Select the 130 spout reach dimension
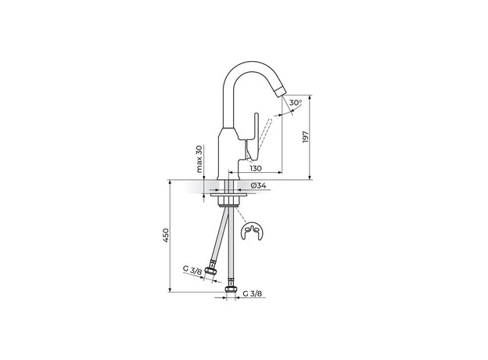pos(256,169)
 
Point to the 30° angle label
pos(295,103)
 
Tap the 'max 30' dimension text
pos(199,160)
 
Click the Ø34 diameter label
pos(260,186)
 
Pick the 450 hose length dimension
pos(165,236)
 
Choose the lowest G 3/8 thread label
pos(251,294)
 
